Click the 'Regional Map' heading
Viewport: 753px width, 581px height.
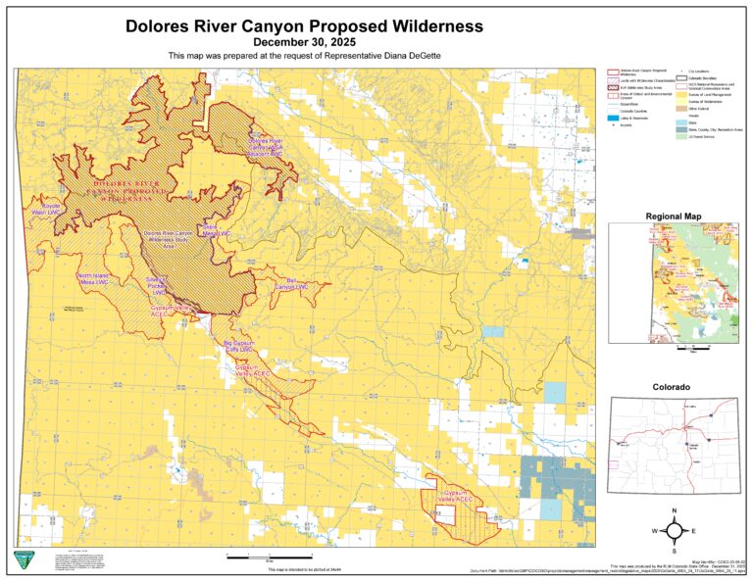[672, 216]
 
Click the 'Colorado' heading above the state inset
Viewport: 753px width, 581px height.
[672, 388]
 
